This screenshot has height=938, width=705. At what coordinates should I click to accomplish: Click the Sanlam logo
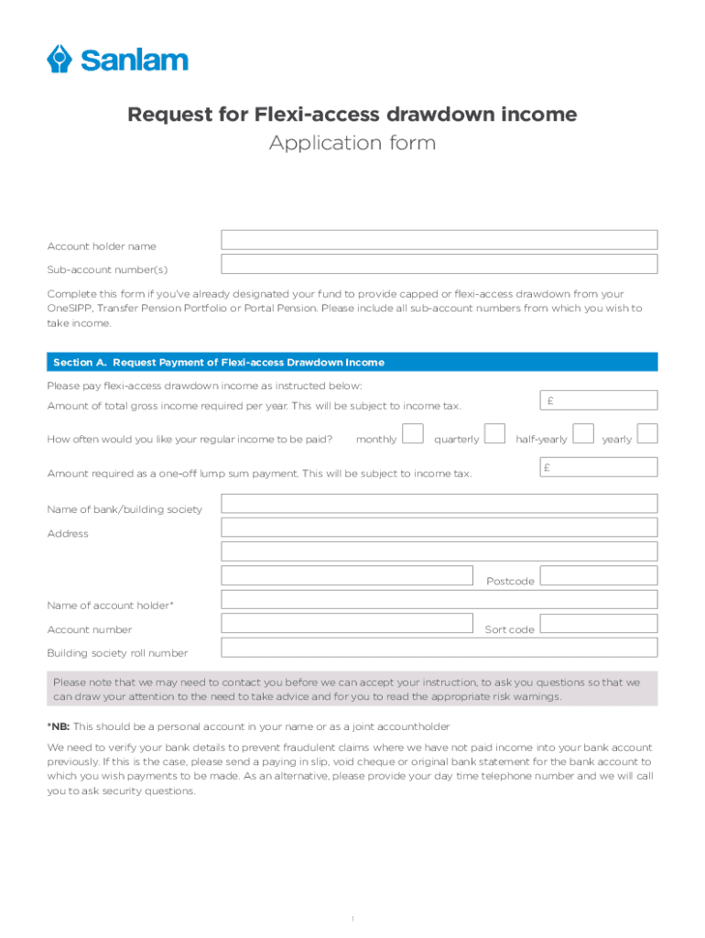(117, 60)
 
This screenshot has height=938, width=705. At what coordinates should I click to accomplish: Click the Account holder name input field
(439, 240)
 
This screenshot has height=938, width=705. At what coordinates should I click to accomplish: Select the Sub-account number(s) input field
(439, 264)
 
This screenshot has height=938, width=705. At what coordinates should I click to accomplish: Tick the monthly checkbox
(413, 433)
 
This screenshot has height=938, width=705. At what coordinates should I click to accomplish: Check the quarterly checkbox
(494, 433)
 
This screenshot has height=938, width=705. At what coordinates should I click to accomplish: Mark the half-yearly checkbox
(582, 433)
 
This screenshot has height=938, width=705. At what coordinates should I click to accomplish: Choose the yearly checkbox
(647, 433)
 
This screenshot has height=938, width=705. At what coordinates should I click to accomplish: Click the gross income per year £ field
(597, 400)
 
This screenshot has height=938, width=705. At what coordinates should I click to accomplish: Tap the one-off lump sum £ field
(597, 467)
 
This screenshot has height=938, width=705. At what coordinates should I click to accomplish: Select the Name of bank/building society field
(439, 504)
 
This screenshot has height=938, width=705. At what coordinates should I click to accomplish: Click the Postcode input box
(598, 575)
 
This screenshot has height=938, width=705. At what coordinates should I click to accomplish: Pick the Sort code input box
(598, 624)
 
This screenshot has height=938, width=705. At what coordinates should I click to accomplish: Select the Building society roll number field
(439, 648)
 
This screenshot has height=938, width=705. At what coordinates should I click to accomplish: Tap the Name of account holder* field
(439, 600)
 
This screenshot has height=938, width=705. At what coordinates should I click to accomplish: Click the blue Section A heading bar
(352, 363)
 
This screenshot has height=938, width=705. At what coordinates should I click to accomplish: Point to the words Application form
(352, 144)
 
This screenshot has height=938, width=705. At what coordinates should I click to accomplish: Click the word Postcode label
(510, 582)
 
